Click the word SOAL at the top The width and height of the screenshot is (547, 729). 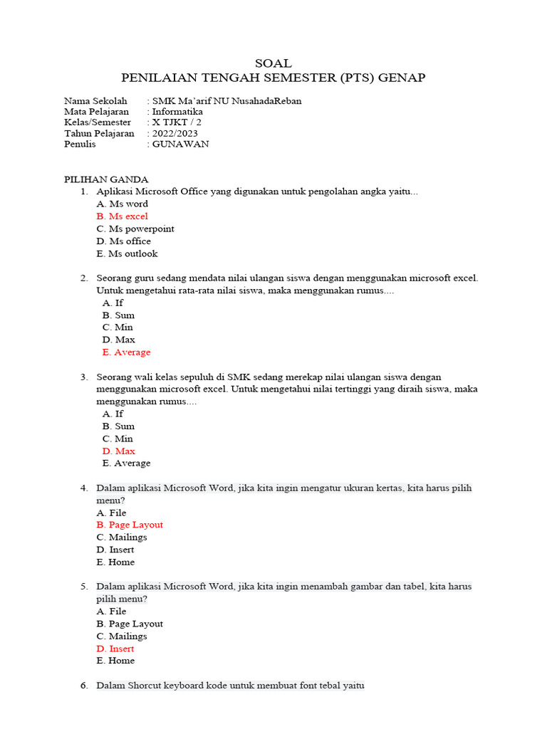tap(273, 63)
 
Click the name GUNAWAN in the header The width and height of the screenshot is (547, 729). tap(180, 144)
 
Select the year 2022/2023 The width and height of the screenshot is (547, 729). tap(174, 133)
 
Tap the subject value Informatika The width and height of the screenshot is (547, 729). tap(177, 112)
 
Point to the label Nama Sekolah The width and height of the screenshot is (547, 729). tap(95, 101)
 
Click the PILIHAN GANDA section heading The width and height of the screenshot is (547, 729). tap(106, 179)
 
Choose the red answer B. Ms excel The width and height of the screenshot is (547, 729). tap(123, 216)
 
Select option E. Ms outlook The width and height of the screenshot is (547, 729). tap(127, 253)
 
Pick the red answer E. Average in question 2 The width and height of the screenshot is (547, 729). tap(126, 352)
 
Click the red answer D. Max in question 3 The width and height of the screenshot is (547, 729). tap(118, 451)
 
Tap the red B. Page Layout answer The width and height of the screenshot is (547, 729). tap(130, 525)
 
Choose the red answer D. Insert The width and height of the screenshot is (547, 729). tap(115, 649)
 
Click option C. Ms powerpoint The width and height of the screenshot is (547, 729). tap(135, 229)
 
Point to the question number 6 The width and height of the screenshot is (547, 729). tap(83, 686)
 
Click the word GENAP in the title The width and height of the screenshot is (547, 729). tap(405, 78)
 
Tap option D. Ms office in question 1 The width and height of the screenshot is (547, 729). tap(124, 241)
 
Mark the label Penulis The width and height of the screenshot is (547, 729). tap(81, 144)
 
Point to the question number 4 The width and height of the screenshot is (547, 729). tap(83, 488)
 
